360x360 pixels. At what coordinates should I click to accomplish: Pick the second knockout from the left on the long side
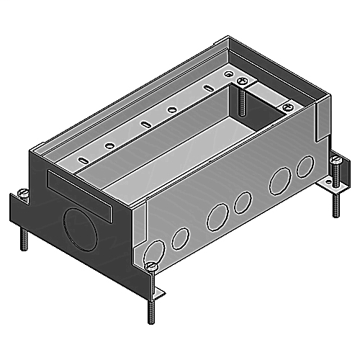tap(213, 215)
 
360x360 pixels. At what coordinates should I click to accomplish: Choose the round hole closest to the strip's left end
tap(109, 146)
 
